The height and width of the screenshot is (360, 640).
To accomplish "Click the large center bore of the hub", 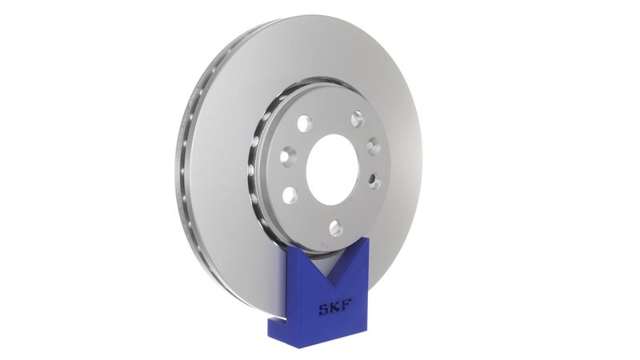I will (332, 169).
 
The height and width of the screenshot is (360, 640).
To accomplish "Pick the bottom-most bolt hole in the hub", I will (335, 228).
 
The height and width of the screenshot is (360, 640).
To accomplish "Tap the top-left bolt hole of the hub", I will (304, 124).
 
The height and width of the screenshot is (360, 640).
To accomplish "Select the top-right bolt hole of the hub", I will (357, 119).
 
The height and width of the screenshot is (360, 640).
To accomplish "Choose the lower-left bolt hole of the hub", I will (290, 194).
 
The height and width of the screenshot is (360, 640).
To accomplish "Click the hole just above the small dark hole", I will (373, 147).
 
